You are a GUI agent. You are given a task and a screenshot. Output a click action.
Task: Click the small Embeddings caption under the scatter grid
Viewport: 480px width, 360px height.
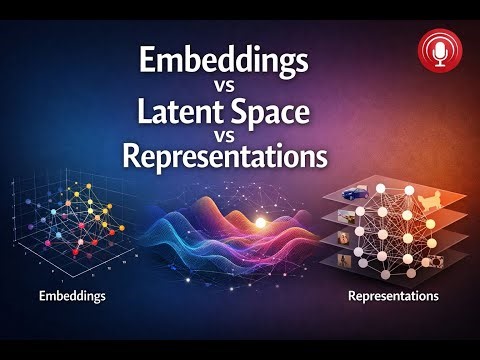(x=71, y=297)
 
